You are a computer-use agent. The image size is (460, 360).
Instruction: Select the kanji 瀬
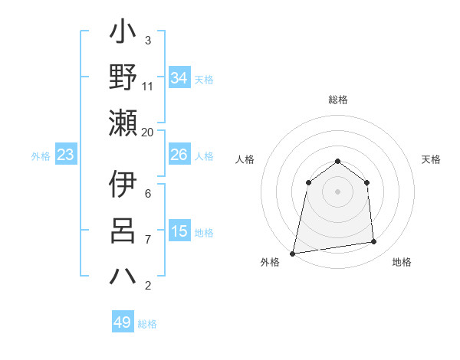(123, 122)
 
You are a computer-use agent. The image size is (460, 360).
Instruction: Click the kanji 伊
(123, 185)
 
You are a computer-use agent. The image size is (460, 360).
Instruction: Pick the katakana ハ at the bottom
(123, 276)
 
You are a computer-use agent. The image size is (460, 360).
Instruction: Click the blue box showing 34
(179, 78)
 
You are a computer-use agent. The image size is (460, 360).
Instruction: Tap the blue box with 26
(179, 155)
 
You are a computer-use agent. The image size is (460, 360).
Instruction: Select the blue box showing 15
(179, 231)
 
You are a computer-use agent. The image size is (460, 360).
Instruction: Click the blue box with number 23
(65, 155)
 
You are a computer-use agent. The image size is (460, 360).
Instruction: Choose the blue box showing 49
(123, 322)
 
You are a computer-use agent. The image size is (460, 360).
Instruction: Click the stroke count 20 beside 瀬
(148, 132)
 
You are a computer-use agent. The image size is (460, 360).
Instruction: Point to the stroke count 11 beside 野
(148, 86)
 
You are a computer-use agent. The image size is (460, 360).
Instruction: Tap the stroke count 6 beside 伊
(148, 194)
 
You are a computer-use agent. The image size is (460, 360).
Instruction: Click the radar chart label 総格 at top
(338, 100)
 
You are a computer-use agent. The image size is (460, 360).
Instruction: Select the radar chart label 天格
(432, 159)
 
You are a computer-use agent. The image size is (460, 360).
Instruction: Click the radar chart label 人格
(245, 159)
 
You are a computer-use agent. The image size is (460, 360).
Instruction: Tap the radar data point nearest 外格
(293, 253)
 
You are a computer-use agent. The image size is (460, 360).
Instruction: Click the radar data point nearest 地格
(374, 242)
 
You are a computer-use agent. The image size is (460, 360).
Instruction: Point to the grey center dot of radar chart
(338, 191)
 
